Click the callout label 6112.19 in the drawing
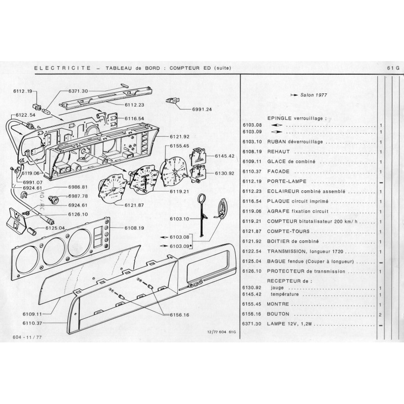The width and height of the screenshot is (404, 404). pyautogui.click(x=23, y=91)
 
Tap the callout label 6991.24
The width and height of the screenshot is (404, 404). pyautogui.click(x=201, y=109)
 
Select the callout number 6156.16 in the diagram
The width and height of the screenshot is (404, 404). pyautogui.click(x=179, y=315)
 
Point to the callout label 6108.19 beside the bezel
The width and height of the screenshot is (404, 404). pyautogui.click(x=134, y=228)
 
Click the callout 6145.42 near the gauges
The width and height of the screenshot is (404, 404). pyautogui.click(x=225, y=156)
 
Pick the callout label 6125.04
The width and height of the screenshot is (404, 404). pyautogui.click(x=55, y=228)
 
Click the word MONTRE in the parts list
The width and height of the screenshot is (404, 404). pyautogui.click(x=278, y=304)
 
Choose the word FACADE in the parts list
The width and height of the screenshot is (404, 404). pyautogui.click(x=278, y=171)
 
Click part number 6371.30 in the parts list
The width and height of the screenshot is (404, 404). pyautogui.click(x=251, y=324)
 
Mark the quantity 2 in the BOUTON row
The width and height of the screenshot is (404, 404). pyautogui.click(x=380, y=315)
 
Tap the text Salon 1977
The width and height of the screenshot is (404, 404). pyautogui.click(x=314, y=95)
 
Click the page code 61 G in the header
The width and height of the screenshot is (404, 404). pyautogui.click(x=393, y=68)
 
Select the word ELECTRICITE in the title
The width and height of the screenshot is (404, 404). pyautogui.click(x=63, y=68)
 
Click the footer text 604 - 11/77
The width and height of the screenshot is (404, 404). pyautogui.click(x=27, y=337)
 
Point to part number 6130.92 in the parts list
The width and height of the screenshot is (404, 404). pyautogui.click(x=251, y=287)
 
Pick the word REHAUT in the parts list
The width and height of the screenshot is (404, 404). pyautogui.click(x=278, y=151)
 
